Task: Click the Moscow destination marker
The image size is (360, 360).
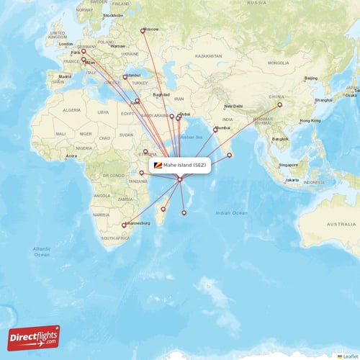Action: pos(143,30)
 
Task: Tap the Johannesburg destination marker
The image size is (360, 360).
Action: pos(124,225)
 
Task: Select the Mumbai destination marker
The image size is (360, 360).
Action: pos(215,130)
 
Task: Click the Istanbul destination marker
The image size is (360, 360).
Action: pos(126,76)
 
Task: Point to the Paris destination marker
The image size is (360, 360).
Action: pos(84,51)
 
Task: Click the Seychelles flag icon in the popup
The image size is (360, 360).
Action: pos(158,166)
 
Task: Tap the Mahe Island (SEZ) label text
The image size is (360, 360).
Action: pos(184,166)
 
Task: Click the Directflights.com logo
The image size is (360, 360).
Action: pos(34,338)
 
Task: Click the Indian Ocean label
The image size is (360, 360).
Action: pos(231,213)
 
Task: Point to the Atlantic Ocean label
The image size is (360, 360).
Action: pos(42,251)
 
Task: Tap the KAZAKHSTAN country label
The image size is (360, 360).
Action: pos(208,55)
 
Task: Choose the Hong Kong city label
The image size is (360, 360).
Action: pos(310,120)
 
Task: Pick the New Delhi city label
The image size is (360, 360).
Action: pos(233,106)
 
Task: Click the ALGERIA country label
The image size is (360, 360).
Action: pos(72,110)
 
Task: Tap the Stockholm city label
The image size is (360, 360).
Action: pos(113,15)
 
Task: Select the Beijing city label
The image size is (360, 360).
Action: pos(311,78)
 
